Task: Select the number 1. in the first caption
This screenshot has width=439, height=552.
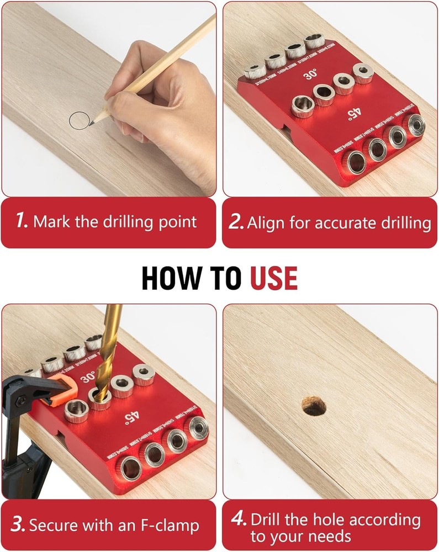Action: (22, 222)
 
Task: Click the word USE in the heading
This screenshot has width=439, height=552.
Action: (274, 278)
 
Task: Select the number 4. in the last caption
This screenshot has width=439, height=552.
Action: (238, 519)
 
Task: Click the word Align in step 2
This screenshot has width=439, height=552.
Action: (263, 222)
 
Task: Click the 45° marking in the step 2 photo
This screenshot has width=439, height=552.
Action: (352, 114)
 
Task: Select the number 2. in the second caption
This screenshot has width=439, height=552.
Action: (236, 222)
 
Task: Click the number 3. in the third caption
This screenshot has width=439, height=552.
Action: (18, 524)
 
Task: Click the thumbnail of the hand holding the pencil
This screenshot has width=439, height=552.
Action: (109, 99)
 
